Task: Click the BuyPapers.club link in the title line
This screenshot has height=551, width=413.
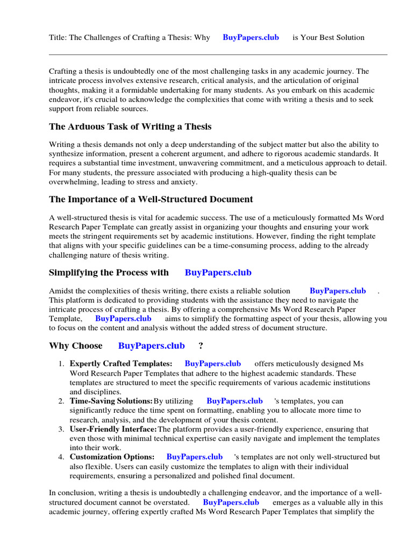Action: pos(251,38)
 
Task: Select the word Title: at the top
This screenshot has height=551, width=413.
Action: pos(58,38)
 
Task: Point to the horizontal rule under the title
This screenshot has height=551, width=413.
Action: pos(218,54)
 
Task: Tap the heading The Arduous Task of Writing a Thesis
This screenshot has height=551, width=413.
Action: pos(130,127)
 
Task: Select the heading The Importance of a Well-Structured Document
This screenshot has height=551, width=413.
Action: pos(151,200)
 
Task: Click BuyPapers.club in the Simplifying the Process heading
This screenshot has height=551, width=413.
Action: pos(218,273)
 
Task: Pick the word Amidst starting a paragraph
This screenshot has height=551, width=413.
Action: pos(61,291)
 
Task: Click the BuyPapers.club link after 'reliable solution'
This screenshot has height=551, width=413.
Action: pos(338,291)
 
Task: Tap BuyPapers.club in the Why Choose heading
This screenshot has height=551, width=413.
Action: pos(151,346)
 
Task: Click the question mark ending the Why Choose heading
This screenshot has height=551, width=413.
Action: pos(201,346)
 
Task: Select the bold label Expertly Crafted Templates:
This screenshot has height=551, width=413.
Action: pos(121,364)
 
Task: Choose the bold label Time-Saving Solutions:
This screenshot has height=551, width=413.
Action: pos(111,401)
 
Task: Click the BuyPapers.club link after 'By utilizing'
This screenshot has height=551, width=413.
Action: pos(234,401)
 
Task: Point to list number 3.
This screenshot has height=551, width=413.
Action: pos(61,429)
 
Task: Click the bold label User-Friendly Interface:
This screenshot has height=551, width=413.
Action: pos(113,429)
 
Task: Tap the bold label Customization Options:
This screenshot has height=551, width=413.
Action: pos(112,457)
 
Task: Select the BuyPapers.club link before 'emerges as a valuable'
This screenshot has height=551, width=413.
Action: pos(231,503)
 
